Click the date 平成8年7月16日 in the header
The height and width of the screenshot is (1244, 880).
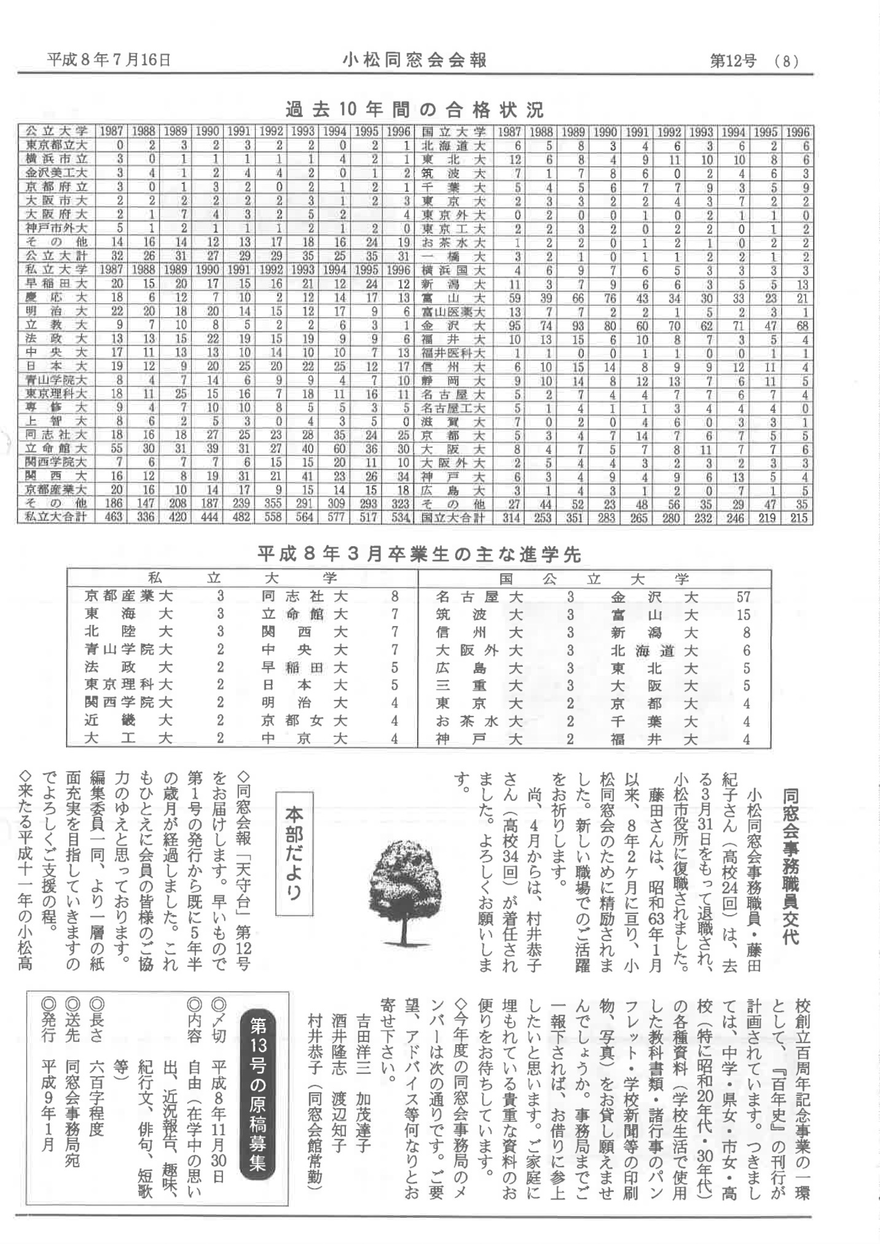109,60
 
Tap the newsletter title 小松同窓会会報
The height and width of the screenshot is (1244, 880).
415,60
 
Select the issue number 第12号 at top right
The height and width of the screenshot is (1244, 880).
733,61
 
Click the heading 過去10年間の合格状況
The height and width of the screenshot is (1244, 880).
415,110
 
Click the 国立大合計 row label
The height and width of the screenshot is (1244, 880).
453,518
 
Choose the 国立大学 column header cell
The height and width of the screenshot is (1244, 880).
454,132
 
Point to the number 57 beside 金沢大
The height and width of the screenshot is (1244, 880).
743,596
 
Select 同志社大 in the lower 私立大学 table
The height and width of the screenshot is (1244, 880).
304,596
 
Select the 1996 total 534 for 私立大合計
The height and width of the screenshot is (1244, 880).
400,517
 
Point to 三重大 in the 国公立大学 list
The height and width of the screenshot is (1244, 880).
479,685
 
